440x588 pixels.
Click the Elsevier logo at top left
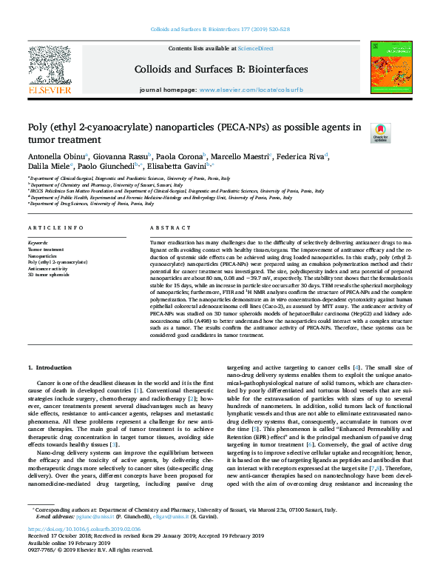(50, 69)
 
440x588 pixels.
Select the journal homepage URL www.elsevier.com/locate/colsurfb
(241, 90)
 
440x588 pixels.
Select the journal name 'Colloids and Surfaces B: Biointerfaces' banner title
(220, 69)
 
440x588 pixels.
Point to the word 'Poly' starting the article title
(38, 127)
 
